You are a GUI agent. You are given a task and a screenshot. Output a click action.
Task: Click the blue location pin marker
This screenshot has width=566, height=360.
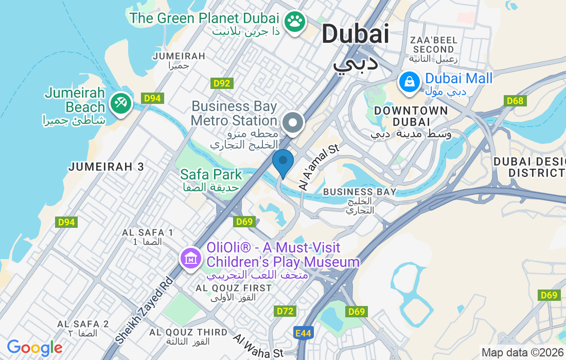coord(282,161)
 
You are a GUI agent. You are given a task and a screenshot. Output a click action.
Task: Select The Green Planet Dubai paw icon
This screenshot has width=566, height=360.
coord(295,22)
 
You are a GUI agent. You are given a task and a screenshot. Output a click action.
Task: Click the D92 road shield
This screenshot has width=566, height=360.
coord(222,83)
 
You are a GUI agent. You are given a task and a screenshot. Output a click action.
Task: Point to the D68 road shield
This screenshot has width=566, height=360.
coord(515,101)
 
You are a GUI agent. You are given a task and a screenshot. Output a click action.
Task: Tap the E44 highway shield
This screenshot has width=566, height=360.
coord(304,333)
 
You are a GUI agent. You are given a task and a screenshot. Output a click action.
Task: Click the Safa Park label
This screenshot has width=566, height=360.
coord(211,174)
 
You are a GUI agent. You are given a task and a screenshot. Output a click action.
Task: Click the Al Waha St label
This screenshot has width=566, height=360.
coord(258,346)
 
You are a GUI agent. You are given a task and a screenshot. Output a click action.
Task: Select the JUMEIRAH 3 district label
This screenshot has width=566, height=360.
coord(107,167)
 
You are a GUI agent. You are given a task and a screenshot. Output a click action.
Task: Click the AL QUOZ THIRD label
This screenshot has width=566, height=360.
coord(188,332)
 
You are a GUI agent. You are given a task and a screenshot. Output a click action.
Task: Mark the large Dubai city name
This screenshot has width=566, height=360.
coord(355,34)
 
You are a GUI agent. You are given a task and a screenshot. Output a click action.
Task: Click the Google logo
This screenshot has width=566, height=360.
coord(34,348)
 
